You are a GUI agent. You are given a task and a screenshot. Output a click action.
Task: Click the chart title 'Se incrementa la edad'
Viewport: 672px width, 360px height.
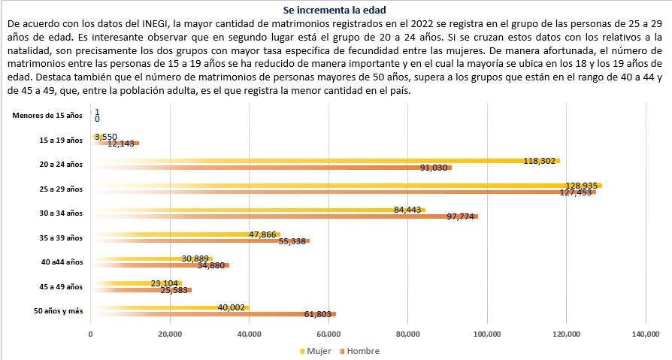336,11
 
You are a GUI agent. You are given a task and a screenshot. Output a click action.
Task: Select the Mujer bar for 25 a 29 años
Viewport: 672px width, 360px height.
346,185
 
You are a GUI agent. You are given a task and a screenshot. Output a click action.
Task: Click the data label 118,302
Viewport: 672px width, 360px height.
542,161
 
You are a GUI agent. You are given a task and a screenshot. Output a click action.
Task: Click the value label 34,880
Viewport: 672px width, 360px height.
213,265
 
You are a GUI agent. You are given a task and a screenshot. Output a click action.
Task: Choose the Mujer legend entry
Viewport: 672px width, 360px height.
316,351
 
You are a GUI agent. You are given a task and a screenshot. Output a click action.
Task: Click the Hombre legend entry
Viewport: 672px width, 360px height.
359,351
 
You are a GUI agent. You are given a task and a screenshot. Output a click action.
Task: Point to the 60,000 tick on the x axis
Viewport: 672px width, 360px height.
328,334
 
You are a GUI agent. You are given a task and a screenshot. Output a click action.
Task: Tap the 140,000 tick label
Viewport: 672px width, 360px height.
646,334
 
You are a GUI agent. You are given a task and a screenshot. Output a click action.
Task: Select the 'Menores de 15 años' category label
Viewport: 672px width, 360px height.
48,115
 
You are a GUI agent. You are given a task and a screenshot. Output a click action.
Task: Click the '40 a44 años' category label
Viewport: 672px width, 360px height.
62,262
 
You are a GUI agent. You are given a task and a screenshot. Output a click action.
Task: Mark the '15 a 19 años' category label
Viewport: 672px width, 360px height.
61,140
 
